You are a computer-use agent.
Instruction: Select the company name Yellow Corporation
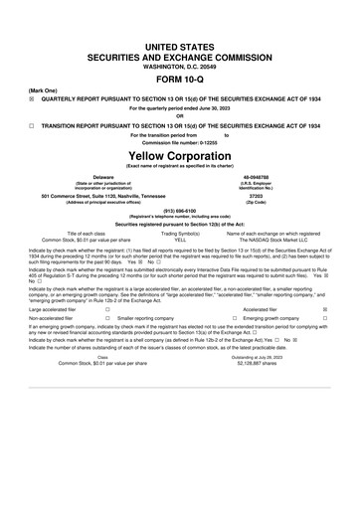[x=180, y=156]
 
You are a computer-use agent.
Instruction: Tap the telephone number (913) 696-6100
[x=180, y=211]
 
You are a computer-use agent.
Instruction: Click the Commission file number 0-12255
[x=180, y=142]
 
